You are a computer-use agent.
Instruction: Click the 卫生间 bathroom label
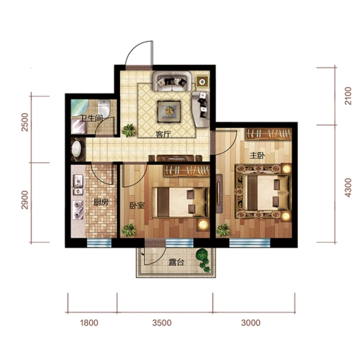coord(91,118)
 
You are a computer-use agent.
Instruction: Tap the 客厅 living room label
coord(163,134)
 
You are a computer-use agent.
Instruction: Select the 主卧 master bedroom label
coord(257,156)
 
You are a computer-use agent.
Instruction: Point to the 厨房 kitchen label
coord(101,202)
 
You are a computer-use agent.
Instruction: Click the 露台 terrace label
coord(176,262)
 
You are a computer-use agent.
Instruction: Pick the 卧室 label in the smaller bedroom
coord(138,205)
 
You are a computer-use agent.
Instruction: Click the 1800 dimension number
coord(89,323)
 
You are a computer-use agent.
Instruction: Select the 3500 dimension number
coord(162,323)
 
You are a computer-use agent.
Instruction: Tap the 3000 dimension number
coord(251,323)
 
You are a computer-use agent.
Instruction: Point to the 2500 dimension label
coord(25,122)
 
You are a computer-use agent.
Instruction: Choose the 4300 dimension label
coord(348,188)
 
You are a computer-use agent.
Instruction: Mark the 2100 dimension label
coord(348,96)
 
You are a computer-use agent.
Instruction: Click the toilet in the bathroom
coord(104,108)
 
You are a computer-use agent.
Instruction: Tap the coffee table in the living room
coord(169,112)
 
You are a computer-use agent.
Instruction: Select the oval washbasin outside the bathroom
coord(76,149)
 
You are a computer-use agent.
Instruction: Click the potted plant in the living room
coord(129,130)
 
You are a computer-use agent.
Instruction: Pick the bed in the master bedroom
coord(264,192)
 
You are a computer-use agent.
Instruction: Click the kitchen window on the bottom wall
coord(99,243)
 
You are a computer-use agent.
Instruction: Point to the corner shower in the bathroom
coord(79,108)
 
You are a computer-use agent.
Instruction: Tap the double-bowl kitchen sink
coord(78,185)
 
